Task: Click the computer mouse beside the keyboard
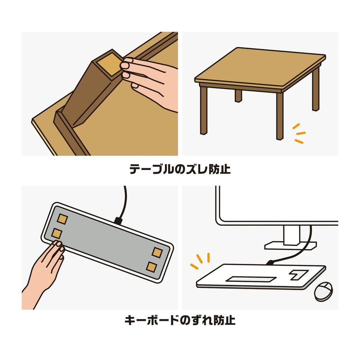point(323,292)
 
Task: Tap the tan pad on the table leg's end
point(109,65)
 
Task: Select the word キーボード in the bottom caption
point(152,320)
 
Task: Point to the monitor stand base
point(291,245)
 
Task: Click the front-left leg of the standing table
point(203,110)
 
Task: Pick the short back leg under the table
point(238,96)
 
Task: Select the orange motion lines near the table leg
point(299,134)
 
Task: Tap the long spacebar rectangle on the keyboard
point(251,279)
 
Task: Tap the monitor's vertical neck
point(292,235)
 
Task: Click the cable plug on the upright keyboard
point(270,262)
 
